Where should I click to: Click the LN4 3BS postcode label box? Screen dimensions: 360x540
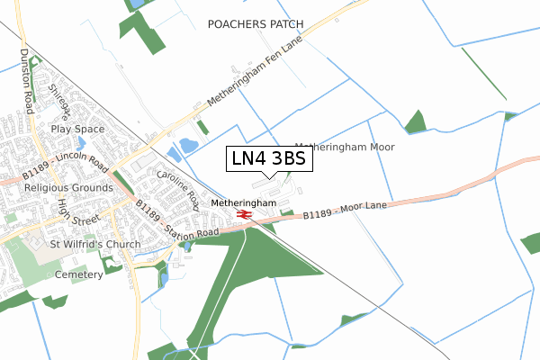click(x=269, y=159)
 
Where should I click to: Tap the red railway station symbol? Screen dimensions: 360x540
click(x=244, y=214)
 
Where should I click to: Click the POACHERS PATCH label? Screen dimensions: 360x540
click(x=256, y=23)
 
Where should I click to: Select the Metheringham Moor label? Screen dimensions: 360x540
click(x=345, y=146)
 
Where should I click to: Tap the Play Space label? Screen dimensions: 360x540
click(x=77, y=129)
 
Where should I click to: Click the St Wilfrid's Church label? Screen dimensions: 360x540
click(x=94, y=244)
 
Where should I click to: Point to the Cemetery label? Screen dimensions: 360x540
click(x=79, y=274)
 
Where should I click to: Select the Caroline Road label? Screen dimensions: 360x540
click(x=178, y=187)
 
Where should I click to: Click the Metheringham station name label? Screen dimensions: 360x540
click(x=243, y=203)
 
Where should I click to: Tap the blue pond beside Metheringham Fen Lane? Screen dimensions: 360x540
click(x=189, y=145)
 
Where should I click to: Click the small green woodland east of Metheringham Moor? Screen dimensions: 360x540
click(x=415, y=122)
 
